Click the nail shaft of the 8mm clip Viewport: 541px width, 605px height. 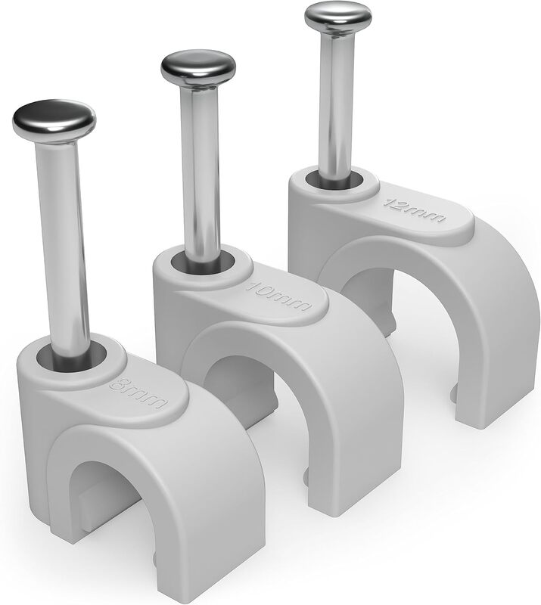tap(64, 242)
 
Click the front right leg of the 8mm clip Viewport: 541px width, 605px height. tap(227, 544)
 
